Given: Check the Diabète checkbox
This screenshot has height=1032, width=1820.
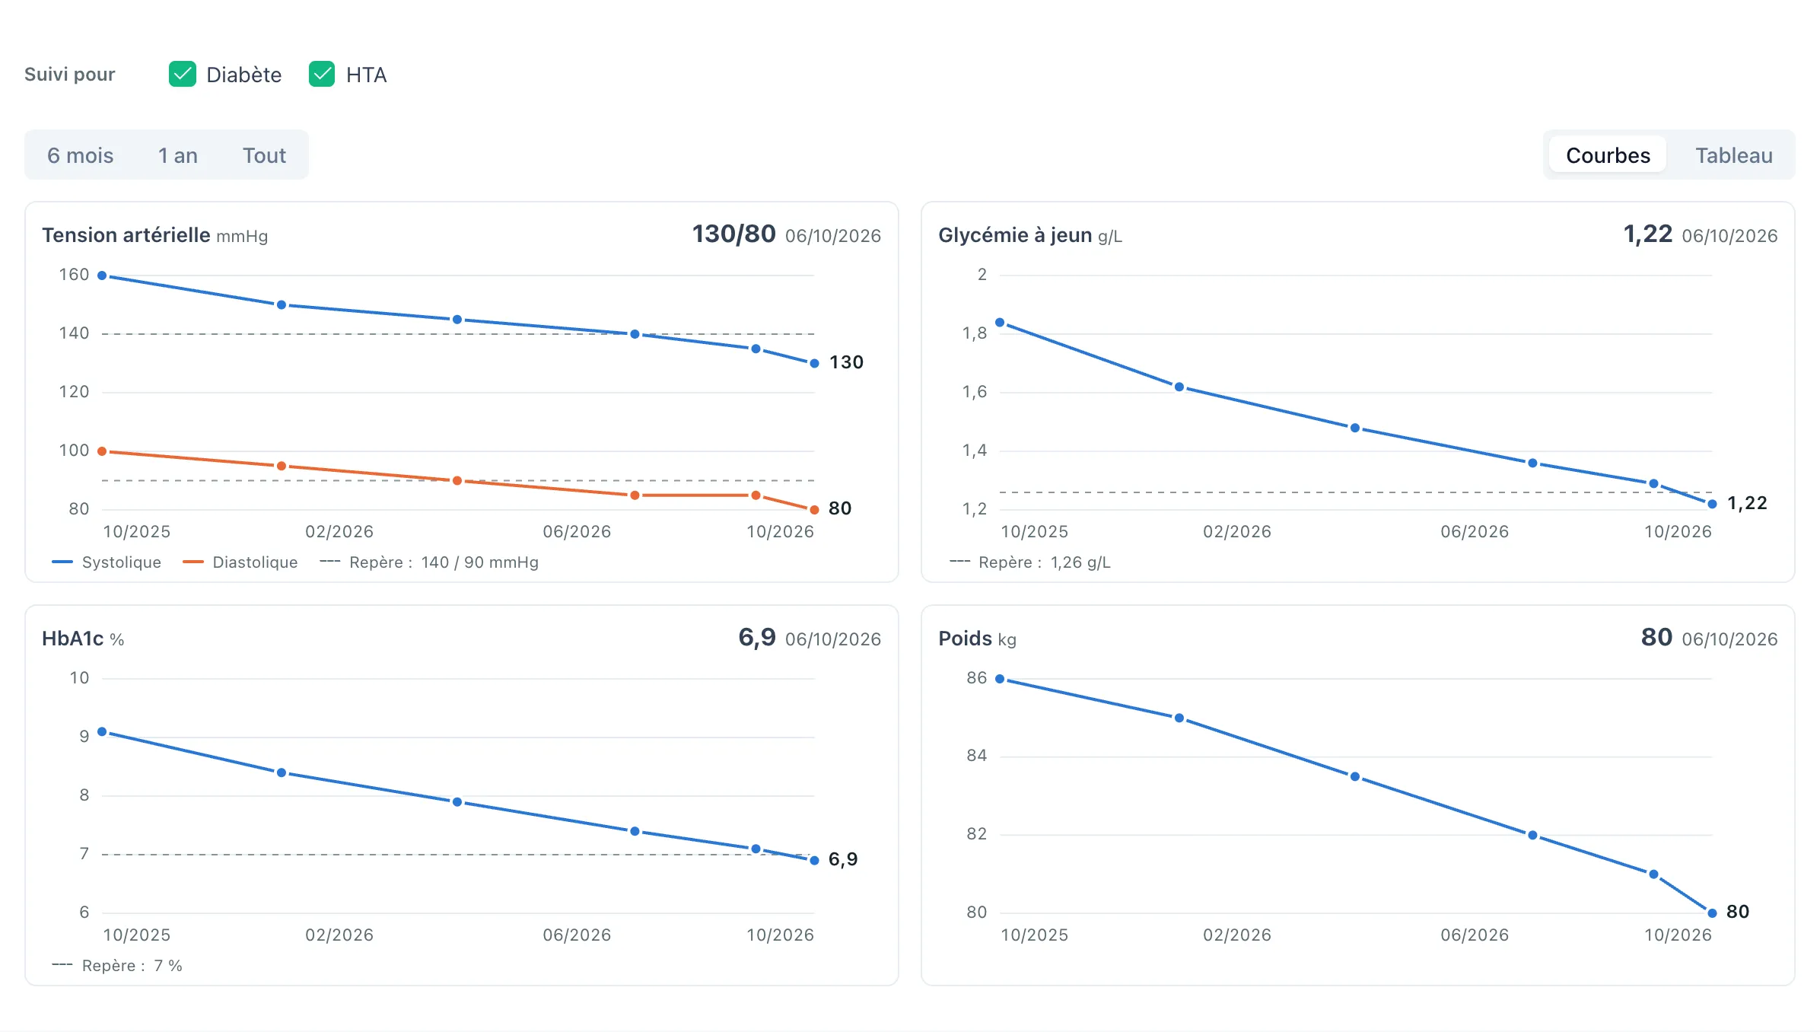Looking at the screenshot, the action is (183, 75).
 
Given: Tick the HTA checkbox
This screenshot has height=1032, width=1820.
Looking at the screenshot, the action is (322, 75).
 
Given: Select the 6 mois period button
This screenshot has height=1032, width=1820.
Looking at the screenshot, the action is (80, 155).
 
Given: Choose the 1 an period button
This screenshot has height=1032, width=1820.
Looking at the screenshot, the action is (178, 155).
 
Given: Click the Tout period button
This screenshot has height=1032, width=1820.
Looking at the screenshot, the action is (264, 155).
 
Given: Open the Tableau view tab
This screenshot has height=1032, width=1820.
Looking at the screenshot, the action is (1734, 155).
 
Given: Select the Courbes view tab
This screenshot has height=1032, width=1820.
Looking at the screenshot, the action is (1608, 155).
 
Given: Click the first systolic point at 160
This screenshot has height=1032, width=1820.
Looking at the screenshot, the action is (102, 276).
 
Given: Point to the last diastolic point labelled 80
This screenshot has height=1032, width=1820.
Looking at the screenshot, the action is (814, 510).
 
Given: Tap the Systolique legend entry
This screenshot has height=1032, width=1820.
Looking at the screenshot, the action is (107, 562).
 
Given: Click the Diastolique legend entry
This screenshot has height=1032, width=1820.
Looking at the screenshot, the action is (240, 562).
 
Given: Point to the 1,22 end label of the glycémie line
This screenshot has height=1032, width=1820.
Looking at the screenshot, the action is (1747, 503).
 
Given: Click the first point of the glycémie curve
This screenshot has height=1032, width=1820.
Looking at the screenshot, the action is (1000, 323).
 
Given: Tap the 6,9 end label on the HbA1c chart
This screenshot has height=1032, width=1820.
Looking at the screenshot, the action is (843, 859).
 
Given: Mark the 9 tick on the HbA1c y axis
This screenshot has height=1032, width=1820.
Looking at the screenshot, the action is (84, 737).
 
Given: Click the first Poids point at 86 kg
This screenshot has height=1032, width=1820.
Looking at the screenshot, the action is (1000, 679).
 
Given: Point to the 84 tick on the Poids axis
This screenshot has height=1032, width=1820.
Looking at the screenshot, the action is (977, 756).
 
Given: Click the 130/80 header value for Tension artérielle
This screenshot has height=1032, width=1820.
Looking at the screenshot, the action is (733, 234).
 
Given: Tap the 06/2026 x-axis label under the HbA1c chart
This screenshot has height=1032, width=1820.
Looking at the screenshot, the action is (577, 935).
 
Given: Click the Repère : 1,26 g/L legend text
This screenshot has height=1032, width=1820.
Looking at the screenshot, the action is (1045, 562).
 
